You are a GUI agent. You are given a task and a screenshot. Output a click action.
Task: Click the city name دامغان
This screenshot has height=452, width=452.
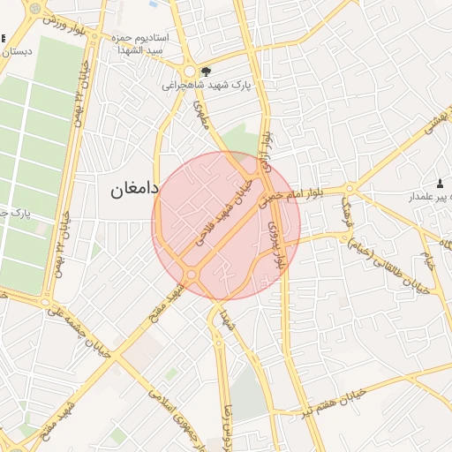(135, 190)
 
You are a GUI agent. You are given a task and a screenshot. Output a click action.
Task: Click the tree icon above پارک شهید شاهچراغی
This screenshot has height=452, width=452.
(206, 72)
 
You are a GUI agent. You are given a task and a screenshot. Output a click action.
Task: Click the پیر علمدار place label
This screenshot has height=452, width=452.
(429, 197)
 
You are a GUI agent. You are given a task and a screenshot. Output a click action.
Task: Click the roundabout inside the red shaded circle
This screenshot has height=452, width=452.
(192, 275)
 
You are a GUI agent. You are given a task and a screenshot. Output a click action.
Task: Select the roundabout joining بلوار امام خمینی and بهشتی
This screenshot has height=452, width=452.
(350, 188)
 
